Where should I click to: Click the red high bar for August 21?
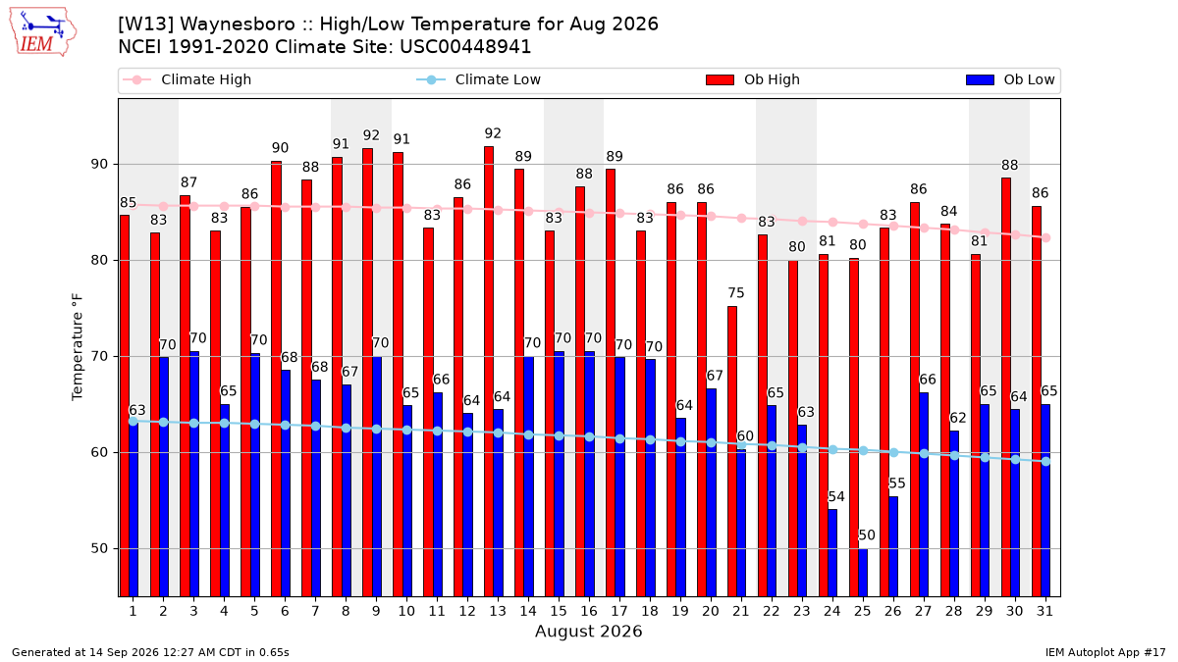point(732,451)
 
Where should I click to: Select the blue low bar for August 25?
point(863,573)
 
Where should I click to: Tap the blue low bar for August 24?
point(832,553)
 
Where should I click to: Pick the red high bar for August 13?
point(489,372)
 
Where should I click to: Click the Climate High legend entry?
point(187,79)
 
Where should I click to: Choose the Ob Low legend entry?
point(1010,79)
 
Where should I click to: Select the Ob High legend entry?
point(753,79)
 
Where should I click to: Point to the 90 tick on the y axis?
point(99,165)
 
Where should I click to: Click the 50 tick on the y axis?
point(99,548)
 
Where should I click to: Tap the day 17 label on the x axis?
point(619,611)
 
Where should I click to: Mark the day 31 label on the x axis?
point(1044,611)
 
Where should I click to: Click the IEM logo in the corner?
point(43,32)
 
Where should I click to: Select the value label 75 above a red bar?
point(736,292)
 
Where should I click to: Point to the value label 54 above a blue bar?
point(836,496)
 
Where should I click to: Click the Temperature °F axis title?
point(78,347)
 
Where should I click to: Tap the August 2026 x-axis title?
point(588,631)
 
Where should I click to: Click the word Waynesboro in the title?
point(239,25)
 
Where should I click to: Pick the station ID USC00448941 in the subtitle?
point(465,47)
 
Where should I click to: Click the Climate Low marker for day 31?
point(1046,461)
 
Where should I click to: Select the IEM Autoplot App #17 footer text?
point(1105,652)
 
